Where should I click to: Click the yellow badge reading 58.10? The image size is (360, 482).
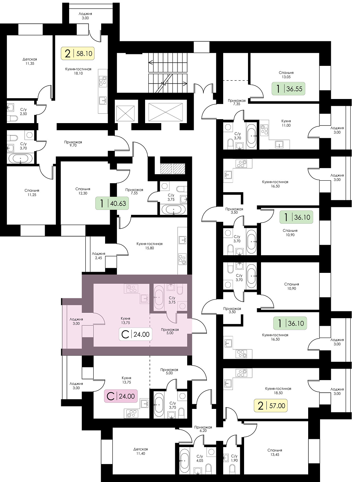click(x=77, y=53)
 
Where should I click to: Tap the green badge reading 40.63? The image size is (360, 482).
click(x=112, y=203)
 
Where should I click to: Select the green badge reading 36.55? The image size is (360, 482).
click(x=288, y=89)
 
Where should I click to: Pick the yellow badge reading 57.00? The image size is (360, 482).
click(x=270, y=405)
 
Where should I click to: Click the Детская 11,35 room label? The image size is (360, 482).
click(x=30, y=61)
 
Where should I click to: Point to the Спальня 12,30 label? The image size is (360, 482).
click(x=83, y=191)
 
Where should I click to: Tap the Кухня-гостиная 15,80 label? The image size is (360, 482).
click(x=149, y=246)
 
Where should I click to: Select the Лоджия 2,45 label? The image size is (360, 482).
click(x=99, y=256)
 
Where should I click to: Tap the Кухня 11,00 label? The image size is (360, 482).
click(x=286, y=123)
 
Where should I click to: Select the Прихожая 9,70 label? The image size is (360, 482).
click(x=73, y=144)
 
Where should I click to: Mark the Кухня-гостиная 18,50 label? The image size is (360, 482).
click(x=278, y=391)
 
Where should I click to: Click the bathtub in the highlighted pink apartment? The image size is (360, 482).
click(x=158, y=297)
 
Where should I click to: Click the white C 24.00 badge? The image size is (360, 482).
click(x=135, y=334)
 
